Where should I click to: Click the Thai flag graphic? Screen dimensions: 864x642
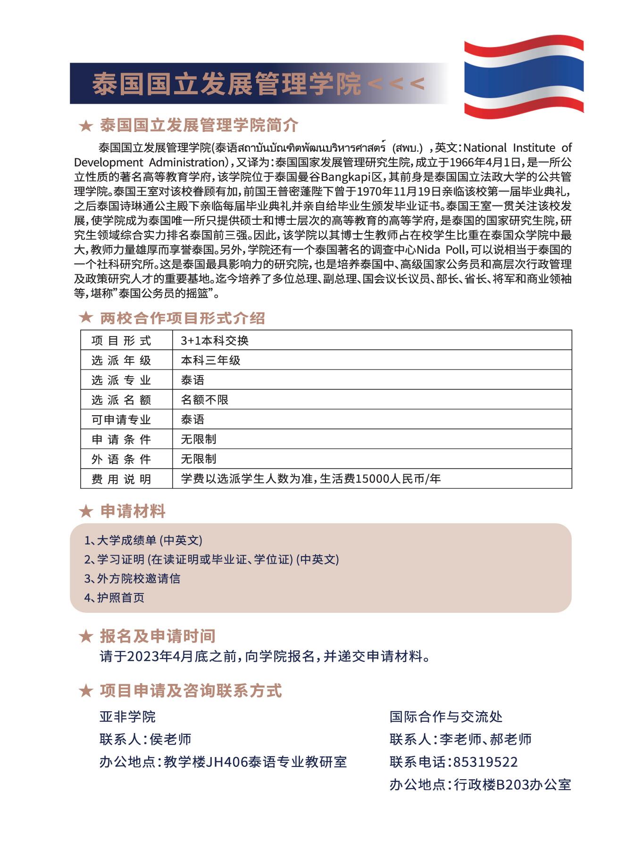[x=524, y=78]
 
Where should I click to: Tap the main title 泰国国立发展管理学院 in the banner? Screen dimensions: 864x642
[x=226, y=84]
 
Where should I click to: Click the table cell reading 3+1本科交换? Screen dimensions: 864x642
[x=215, y=340]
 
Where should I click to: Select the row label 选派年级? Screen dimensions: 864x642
[x=121, y=361]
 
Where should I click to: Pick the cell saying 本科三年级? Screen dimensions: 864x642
[x=210, y=361]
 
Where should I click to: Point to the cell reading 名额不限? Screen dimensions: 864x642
[x=205, y=400]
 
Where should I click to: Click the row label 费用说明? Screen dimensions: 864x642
[x=121, y=479]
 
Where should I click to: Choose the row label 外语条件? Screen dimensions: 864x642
[x=121, y=459]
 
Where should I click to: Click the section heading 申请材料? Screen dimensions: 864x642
[x=133, y=511]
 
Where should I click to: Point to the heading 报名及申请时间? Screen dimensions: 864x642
[x=158, y=636]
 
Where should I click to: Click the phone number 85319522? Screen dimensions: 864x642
[x=485, y=762]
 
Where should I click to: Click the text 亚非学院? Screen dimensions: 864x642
[x=127, y=717]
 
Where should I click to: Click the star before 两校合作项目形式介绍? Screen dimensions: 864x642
[x=86, y=318]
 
